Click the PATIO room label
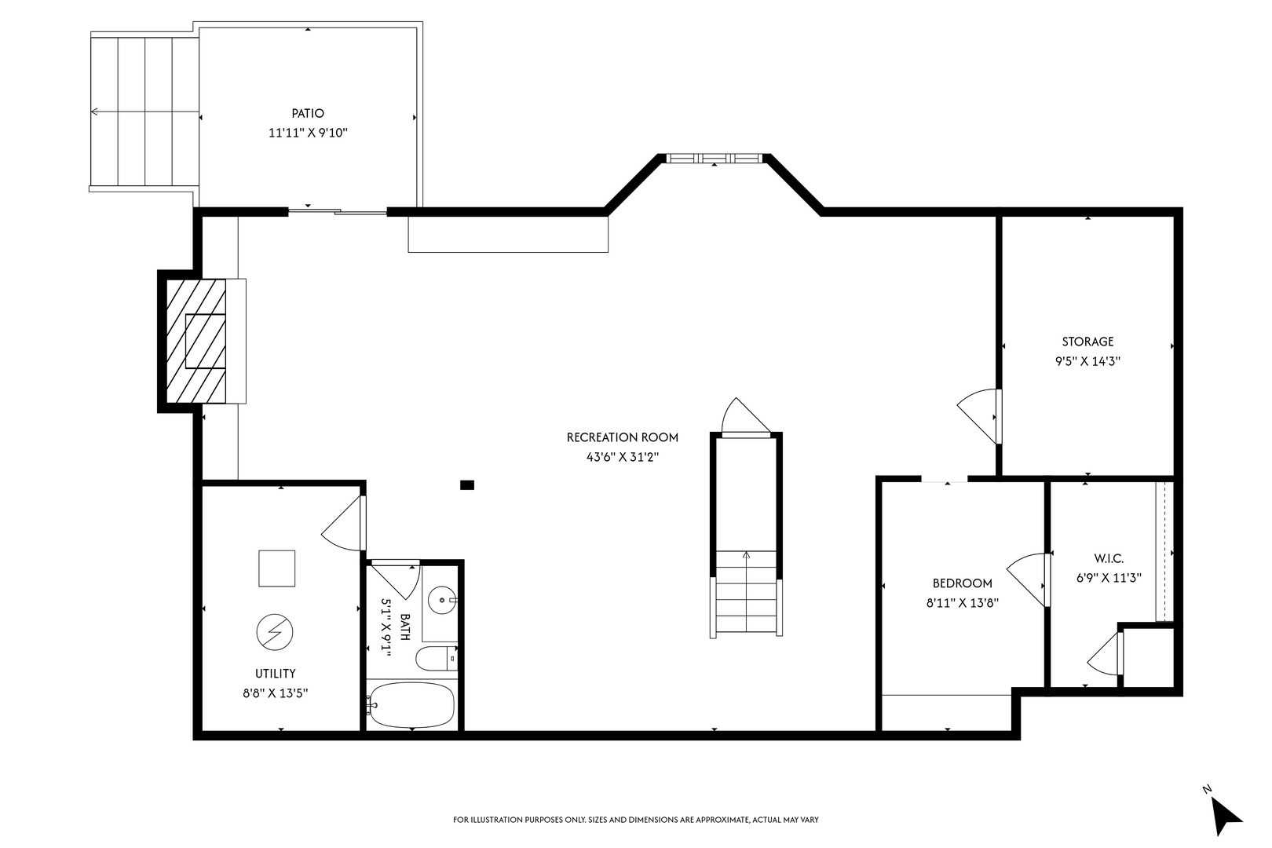click(x=308, y=114)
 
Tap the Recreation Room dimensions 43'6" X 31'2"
click(x=623, y=457)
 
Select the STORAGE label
click(x=1087, y=342)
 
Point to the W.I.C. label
click(x=1109, y=558)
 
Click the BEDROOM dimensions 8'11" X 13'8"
click(x=962, y=603)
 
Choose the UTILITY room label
click(x=276, y=674)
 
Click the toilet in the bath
click(x=436, y=659)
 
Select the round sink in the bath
click(x=441, y=601)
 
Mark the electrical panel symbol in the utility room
click(x=275, y=632)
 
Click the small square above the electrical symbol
click(x=276, y=568)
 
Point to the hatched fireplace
click(x=196, y=341)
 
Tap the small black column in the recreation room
click(x=466, y=485)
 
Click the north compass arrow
click(x=1226, y=817)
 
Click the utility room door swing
click(x=342, y=523)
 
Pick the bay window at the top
click(x=714, y=159)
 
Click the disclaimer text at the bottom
click(x=635, y=820)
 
